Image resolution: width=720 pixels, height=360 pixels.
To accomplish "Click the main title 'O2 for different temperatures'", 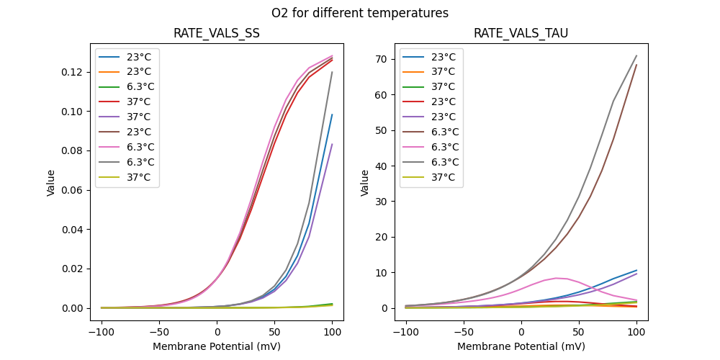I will tap(360, 13).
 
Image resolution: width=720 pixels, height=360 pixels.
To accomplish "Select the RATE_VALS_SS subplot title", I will tap(217, 34).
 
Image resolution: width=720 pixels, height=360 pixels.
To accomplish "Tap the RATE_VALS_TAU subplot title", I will tap(521, 34).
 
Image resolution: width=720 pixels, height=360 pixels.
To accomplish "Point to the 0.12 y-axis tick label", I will tap(71, 73).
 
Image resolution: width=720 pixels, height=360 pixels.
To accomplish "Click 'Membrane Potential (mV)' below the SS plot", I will tap(217, 346).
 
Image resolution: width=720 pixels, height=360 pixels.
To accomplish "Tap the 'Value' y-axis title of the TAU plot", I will tap(365, 183).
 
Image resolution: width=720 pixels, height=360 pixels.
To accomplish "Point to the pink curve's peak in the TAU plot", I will tap(556, 278).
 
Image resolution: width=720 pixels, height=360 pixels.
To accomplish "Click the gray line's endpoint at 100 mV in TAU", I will tap(636, 55).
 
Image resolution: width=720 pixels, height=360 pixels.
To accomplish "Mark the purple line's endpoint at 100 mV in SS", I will tap(332, 144).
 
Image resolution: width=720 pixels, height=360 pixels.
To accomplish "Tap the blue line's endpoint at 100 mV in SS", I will tap(332, 114).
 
